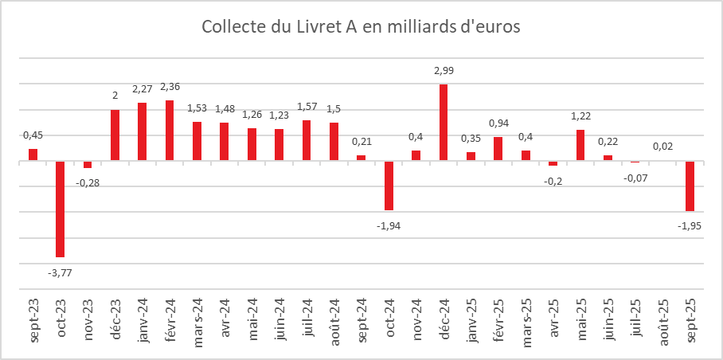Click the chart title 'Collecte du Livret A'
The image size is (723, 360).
tap(360, 27)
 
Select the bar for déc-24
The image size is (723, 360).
tap(444, 122)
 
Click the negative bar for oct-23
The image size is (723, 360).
tap(60, 209)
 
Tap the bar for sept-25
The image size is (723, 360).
tap(690, 186)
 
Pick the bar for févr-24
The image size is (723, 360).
tap(170, 131)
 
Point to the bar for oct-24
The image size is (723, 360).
tap(389, 186)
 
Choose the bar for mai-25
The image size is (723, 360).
tap(580, 145)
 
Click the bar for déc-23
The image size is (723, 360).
tap(115, 135)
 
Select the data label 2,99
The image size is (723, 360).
tap(444, 71)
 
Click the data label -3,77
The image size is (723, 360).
tap(60, 272)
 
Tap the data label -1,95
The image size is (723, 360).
tap(690, 225)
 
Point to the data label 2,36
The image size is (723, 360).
tap(170, 87)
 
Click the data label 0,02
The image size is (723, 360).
tap(662, 147)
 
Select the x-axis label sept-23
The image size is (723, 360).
tap(33, 319)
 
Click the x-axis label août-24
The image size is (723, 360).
tap(334, 319)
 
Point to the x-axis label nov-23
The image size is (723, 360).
tap(88, 319)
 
